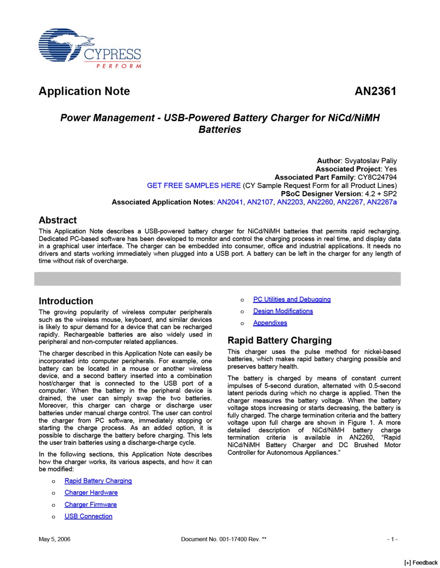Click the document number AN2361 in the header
(375, 91)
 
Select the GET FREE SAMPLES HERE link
(194, 185)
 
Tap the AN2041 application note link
(230, 202)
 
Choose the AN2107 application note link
(260, 202)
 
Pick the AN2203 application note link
(290, 202)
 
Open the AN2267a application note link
(382, 202)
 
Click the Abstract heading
(58, 221)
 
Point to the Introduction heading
(66, 301)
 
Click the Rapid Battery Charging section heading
(280, 340)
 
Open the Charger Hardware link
(91, 493)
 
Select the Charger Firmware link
(91, 505)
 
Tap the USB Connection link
(88, 517)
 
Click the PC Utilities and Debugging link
(292, 300)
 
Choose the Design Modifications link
(283, 312)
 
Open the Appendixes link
(270, 323)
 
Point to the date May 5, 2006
(54, 539)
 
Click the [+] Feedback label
(421, 563)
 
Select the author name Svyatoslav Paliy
(371, 161)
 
